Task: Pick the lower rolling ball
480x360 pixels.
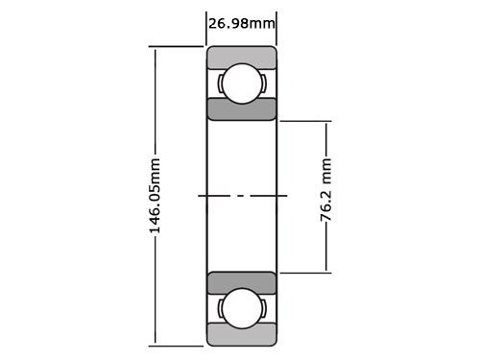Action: (242, 309)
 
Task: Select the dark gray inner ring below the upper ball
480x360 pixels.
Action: (242, 108)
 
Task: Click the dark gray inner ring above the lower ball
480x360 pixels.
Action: (242, 283)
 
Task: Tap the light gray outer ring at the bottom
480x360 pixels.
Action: (242, 336)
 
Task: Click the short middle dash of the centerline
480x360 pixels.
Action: (242, 196)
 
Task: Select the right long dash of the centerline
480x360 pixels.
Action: (269, 196)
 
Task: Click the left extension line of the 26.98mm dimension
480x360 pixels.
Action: (207, 29)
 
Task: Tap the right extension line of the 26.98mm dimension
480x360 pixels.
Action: (276, 29)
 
